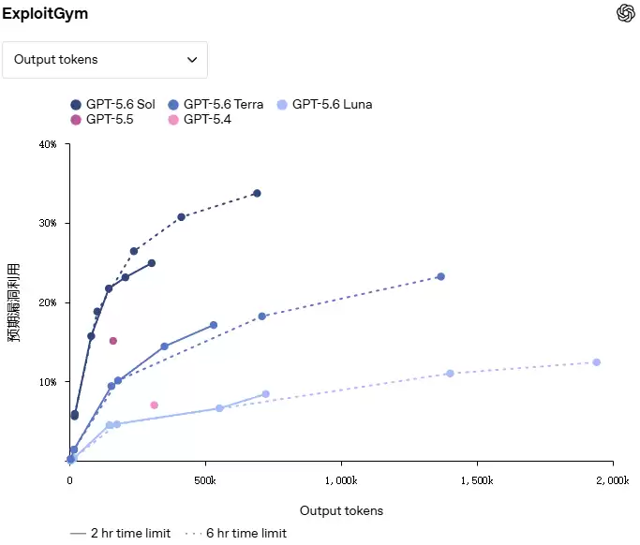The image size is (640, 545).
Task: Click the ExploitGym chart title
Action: coord(45,13)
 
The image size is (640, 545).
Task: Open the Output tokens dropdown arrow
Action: coord(192,60)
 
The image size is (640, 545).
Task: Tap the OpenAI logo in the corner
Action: coord(625,13)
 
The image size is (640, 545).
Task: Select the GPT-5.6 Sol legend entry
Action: coord(112,105)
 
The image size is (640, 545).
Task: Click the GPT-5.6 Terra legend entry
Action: coord(216,105)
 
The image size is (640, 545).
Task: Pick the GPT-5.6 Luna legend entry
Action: coord(324,105)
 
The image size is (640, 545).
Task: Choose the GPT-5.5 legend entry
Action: coord(102,120)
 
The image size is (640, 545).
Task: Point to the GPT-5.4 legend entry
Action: coord(200,120)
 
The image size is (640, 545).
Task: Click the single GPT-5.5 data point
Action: coord(113,341)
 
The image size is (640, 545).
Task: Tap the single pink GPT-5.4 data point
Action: coord(154,405)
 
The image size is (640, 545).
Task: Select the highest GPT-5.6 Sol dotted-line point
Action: coord(257,193)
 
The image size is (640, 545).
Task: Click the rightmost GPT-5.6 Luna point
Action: coord(596,362)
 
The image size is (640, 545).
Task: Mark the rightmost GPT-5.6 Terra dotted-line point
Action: coord(440,276)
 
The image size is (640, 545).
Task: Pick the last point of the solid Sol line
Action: coord(152,263)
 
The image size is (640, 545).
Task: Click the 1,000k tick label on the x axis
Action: coord(341,480)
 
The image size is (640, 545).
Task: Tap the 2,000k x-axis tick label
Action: coord(613,480)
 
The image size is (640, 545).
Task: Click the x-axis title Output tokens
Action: coord(341,510)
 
